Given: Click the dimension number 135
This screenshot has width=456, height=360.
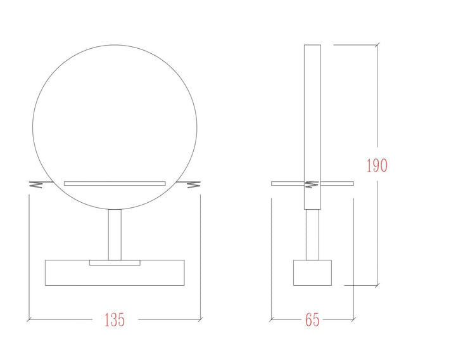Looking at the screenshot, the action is click(115, 319).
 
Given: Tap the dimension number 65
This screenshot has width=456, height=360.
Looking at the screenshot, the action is click(312, 319).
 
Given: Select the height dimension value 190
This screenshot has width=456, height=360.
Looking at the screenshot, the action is click(377, 165).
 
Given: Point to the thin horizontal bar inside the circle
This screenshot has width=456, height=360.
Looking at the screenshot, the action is click(115, 184).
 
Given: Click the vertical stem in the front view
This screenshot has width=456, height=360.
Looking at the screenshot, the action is click(115, 235).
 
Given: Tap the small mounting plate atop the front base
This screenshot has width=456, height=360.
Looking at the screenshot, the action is click(115, 262).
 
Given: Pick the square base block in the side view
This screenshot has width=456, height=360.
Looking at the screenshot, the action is click(312, 273).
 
